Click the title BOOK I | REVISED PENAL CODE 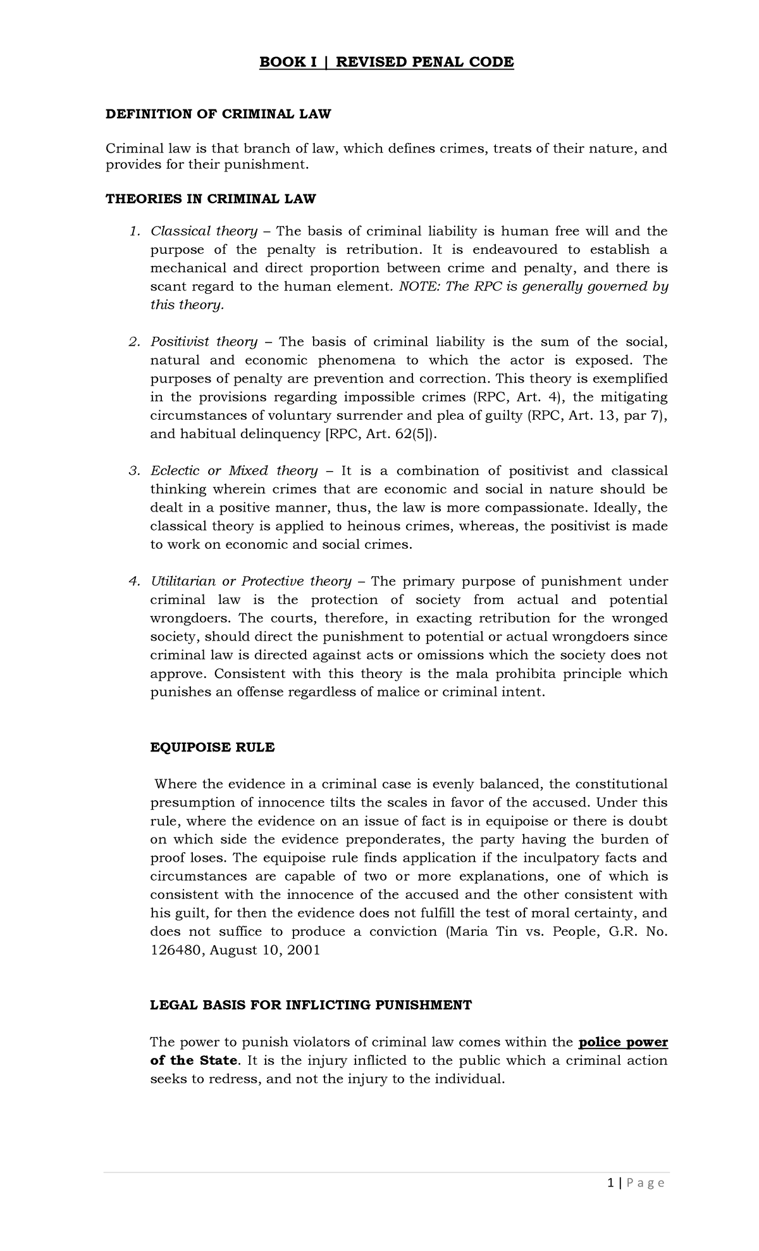click(387, 62)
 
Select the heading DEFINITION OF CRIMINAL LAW click(218, 114)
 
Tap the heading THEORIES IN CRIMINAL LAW click(210, 199)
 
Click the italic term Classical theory click(204, 231)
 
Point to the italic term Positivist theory click(204, 342)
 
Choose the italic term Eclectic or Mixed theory click(233, 470)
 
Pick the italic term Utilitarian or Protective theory click(250, 581)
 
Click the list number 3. click(133, 470)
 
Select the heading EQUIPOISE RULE click(212, 747)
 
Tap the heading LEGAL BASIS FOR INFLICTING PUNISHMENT click(311, 1005)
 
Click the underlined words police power click(623, 1042)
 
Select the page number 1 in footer click(627, 1183)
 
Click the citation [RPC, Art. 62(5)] click(381, 434)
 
